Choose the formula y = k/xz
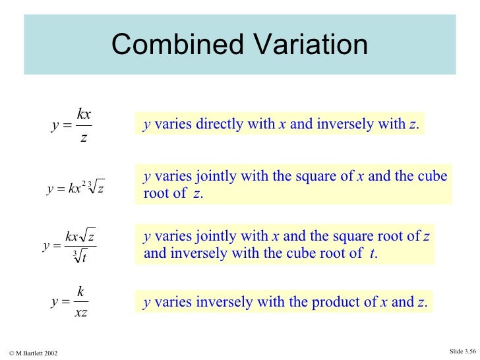pyautogui.click(x=72, y=302)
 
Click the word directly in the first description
pyautogui.click(x=248, y=124)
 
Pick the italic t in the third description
pyautogui.click(x=373, y=253)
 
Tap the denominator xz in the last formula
pyautogui.click(x=81, y=313)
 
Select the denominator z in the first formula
pyautogui.click(x=83, y=136)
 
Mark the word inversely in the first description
pyautogui.click(x=342, y=124)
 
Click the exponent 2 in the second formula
pyautogui.click(x=84, y=183)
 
